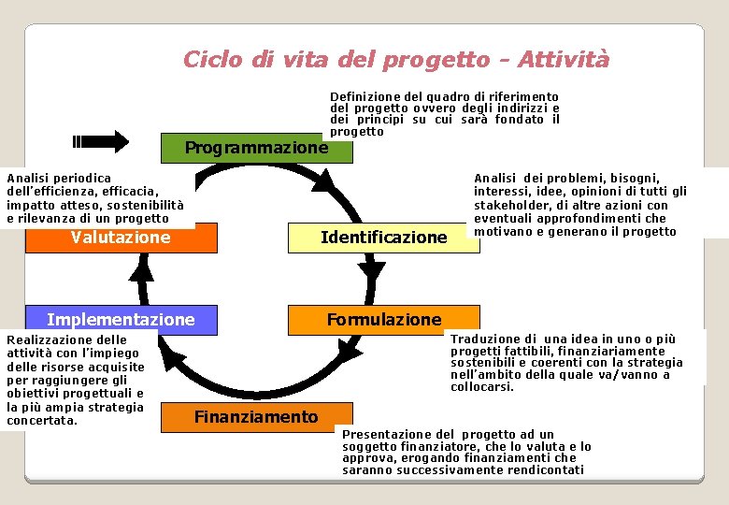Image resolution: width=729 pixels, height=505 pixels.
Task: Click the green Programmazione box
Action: coord(256,148)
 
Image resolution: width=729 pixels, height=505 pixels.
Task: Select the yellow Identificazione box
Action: coord(383,238)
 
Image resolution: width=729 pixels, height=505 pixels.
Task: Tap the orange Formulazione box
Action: coord(383,320)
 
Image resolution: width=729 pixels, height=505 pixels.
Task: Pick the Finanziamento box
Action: coord(256,417)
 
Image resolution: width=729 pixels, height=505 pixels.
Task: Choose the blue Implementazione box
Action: coord(121,320)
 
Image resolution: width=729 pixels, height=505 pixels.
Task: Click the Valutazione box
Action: coord(121,238)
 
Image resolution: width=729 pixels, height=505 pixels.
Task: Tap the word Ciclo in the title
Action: coord(213,60)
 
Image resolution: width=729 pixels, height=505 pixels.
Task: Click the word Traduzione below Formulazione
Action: coord(483,339)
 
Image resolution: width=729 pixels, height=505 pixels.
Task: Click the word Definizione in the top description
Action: coord(365,96)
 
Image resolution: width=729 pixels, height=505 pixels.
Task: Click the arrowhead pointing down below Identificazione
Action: coord(373,270)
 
